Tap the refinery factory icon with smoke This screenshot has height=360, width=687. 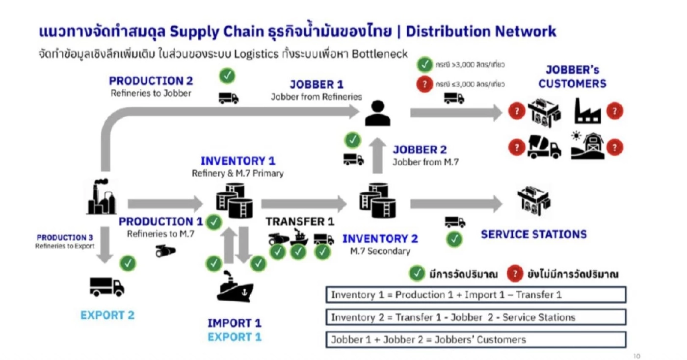[x=102, y=197]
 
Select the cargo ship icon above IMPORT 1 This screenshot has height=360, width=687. [x=235, y=286]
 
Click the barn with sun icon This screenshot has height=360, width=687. [x=587, y=146]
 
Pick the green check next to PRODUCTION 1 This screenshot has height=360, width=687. [x=213, y=222]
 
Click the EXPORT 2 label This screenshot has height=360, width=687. [x=107, y=315]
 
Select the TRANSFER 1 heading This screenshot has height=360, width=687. [x=299, y=222]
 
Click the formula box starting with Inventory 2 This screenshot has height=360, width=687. [x=476, y=317]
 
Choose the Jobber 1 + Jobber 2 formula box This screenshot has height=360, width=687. [x=476, y=339]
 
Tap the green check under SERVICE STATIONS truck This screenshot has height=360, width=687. [x=455, y=239]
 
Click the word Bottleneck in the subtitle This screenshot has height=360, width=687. [x=380, y=54]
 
